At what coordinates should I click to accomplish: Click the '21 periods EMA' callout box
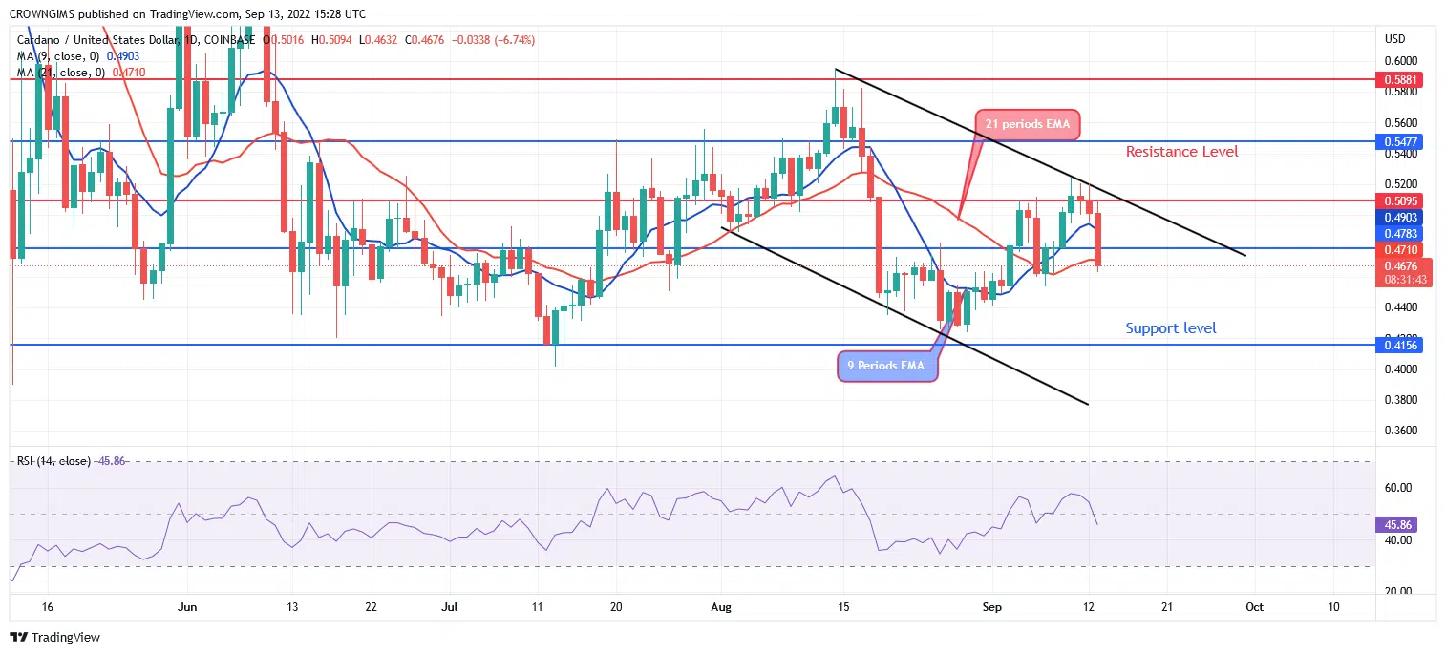(1027, 124)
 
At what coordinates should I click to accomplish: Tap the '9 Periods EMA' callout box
(886, 366)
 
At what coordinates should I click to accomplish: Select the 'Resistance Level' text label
(1181, 151)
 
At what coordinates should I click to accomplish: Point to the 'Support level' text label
(1170, 328)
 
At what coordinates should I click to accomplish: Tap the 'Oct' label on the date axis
(1254, 607)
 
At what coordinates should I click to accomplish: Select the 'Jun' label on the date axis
(187, 607)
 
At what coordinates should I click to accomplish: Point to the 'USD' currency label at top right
(1394, 38)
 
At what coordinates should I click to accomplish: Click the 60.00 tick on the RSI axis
(1398, 488)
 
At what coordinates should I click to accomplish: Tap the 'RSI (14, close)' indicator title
(53, 461)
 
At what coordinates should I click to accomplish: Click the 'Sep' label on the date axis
(992, 607)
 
